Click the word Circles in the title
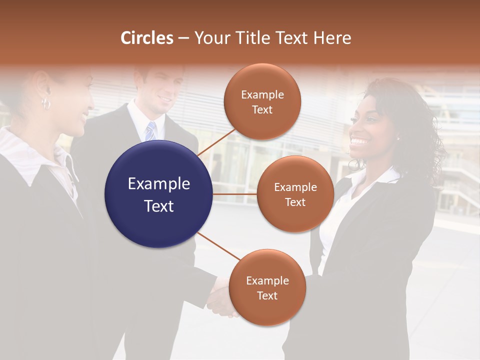[x=146, y=38]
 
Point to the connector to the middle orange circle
[x=235, y=194]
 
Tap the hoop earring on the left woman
[x=46, y=103]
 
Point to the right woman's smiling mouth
[x=358, y=141]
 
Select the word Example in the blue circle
[x=158, y=184]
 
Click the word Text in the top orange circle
[x=262, y=110]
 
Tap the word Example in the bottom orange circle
[x=267, y=280]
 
